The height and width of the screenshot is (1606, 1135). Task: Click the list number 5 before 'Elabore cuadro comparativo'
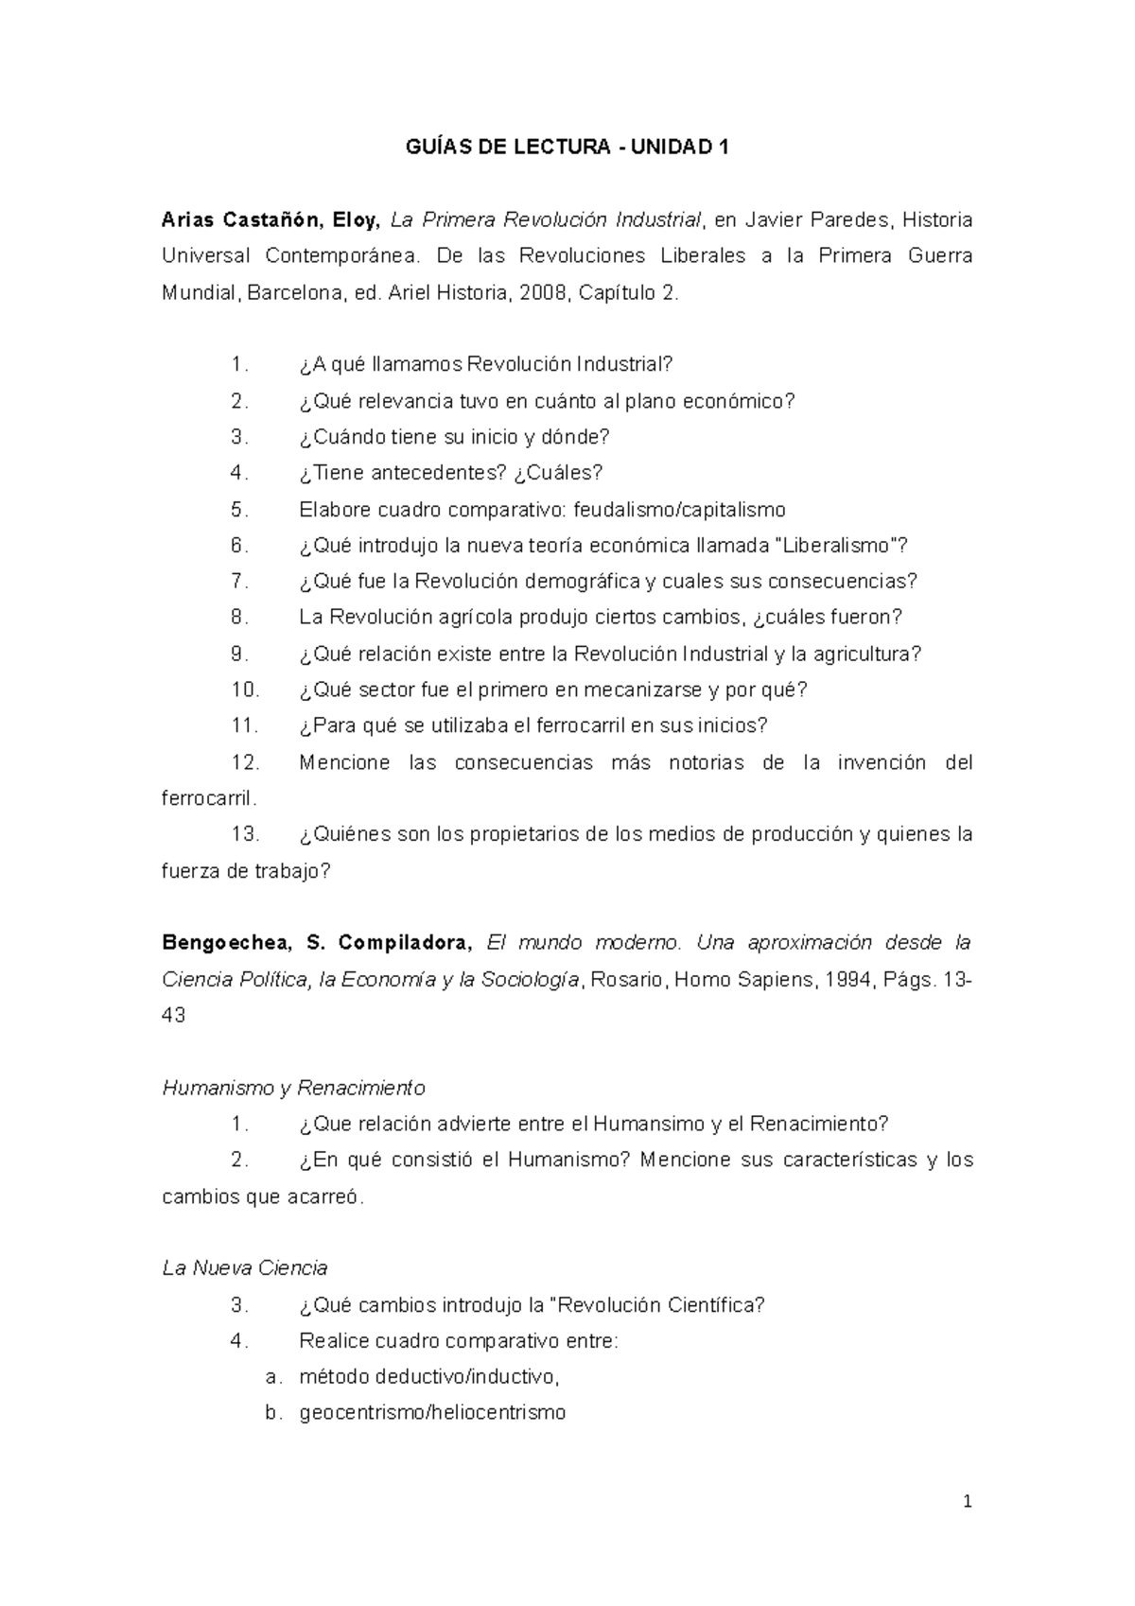click(x=239, y=510)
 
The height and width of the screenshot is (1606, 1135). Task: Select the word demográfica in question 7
click(x=583, y=582)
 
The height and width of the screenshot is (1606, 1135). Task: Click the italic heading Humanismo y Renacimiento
click(x=293, y=1088)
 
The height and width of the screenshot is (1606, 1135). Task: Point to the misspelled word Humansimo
click(x=651, y=1124)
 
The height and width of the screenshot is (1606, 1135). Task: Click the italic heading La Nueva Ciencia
click(x=245, y=1268)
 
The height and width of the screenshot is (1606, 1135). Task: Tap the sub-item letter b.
click(x=272, y=1413)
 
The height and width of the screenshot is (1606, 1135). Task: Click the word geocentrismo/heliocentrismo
click(x=432, y=1413)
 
